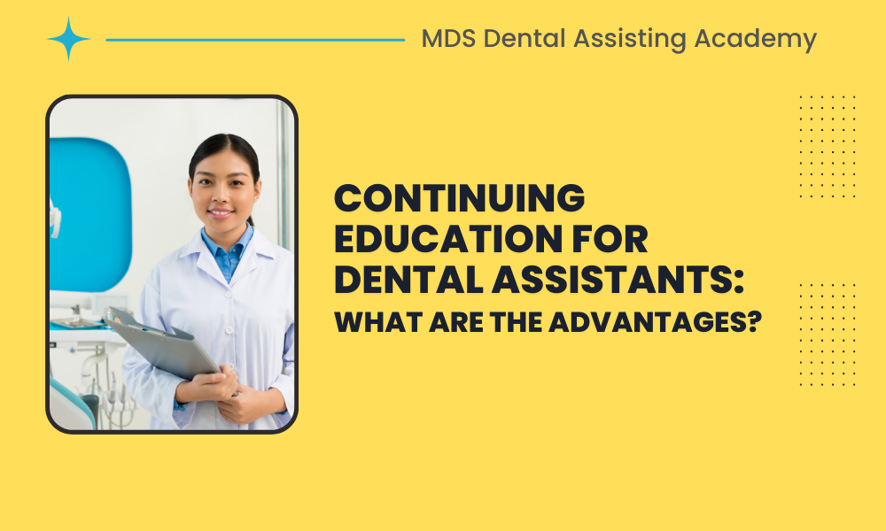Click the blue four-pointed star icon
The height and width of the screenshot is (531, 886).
tap(69, 39)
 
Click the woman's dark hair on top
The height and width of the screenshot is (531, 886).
tap(221, 147)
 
